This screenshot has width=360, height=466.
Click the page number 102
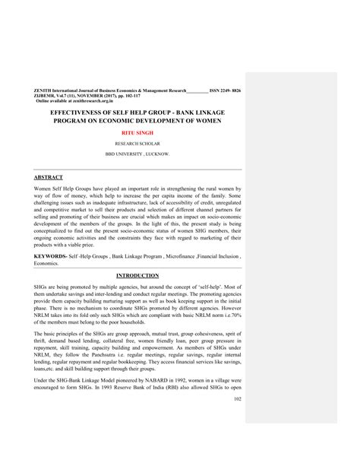tap(237, 420)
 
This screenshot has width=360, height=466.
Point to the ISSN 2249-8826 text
tap(225, 90)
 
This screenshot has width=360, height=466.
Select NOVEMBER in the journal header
tap(81, 95)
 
